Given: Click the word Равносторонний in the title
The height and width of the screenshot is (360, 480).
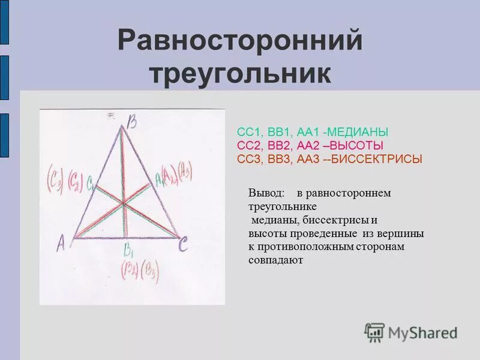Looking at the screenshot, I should click(x=240, y=41).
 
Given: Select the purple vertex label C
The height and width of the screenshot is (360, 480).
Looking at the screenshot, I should click(x=184, y=243).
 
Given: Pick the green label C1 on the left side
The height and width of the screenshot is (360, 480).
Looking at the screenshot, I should click(x=89, y=184).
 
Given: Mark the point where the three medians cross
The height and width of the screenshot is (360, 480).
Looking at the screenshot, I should click(x=125, y=203).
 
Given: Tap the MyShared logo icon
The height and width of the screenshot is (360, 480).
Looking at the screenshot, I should click(x=374, y=332).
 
